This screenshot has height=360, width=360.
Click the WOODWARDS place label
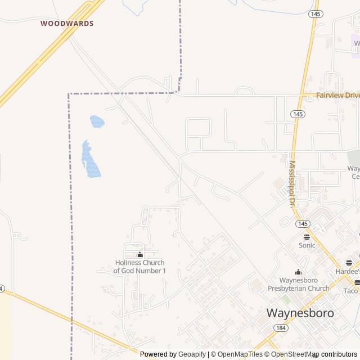tap(67, 24)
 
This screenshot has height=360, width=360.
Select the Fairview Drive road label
tap(337, 96)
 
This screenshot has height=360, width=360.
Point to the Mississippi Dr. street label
tap(292, 183)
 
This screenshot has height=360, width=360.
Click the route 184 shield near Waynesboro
tap(280, 328)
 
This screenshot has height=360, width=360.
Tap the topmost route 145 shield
tap(316, 14)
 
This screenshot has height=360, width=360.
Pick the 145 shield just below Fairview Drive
tap(298, 114)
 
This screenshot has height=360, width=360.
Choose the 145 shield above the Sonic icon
tap(302, 223)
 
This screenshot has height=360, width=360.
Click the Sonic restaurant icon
tap(307, 237)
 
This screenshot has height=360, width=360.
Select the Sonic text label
tap(307, 245)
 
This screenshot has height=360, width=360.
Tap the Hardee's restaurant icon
tap(349, 263)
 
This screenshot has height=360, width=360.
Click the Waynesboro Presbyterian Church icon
tap(298, 272)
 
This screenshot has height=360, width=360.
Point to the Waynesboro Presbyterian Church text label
tap(298, 284)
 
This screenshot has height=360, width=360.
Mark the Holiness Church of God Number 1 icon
tap(139, 255)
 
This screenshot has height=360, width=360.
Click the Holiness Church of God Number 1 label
tap(139, 267)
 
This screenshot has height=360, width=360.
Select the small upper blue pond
tap(97, 121)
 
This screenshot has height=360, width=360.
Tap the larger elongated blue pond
tap(91, 160)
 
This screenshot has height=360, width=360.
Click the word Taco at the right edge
tap(350, 291)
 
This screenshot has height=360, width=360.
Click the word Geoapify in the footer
tap(192, 354)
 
